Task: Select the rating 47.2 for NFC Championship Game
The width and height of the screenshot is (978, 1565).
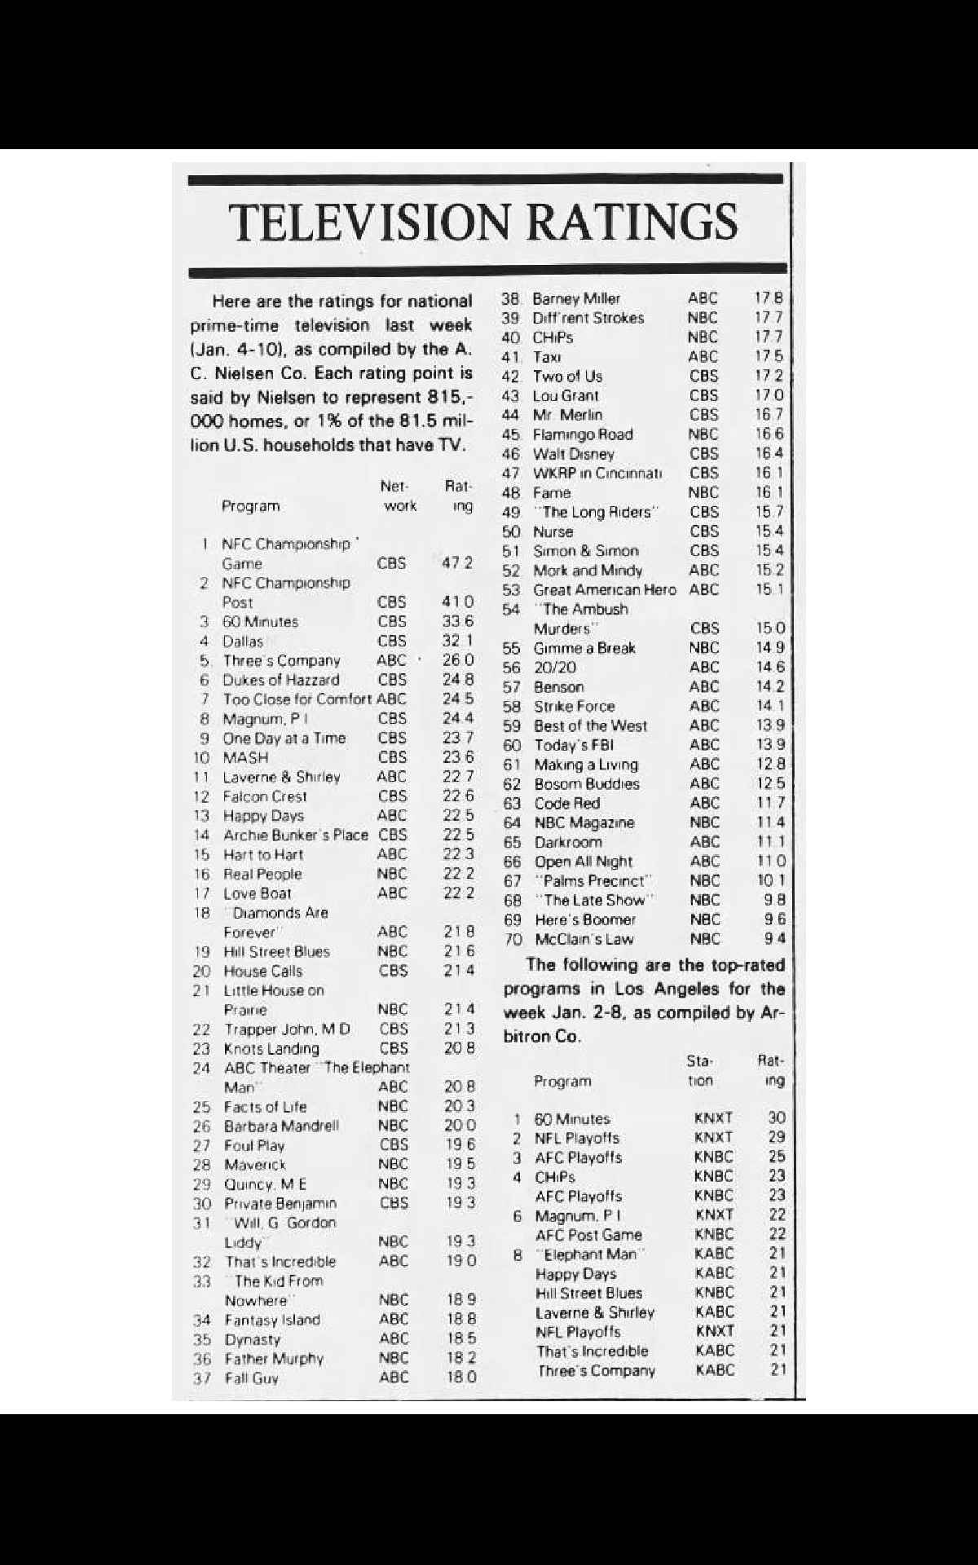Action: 457,563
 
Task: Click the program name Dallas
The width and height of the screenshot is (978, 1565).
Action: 243,641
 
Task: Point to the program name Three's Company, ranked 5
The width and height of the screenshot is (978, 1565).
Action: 281,661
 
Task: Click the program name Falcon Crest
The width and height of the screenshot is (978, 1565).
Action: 265,796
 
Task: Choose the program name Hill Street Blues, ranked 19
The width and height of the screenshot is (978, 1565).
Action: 277,952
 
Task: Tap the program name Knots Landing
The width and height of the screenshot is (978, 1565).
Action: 271,1049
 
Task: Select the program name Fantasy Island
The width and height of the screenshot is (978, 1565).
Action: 272,1320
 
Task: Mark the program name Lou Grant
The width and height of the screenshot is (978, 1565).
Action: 566,396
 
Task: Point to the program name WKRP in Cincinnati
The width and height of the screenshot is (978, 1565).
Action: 597,474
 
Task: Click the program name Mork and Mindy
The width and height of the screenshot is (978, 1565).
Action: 587,571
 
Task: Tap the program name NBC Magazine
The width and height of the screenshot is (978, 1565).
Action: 584,823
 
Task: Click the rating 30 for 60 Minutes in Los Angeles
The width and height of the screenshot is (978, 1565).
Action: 776,1119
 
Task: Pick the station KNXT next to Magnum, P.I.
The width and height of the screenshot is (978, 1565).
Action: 715,1215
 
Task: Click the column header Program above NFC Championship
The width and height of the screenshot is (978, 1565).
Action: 250,506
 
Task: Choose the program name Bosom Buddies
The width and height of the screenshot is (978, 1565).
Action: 586,784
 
